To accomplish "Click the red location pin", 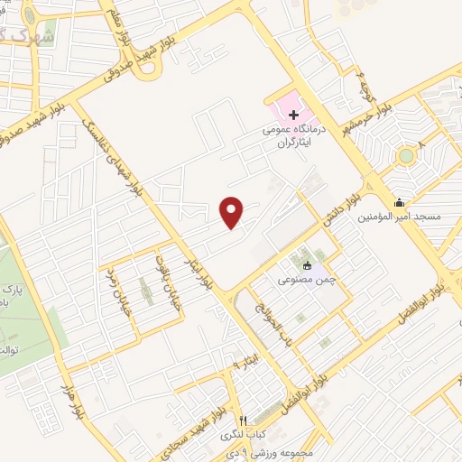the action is tap(233, 211).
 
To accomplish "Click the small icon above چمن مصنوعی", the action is tap(307, 265).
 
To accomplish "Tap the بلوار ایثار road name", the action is tap(202, 267).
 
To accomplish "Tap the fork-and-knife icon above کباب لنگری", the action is tap(243, 420).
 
